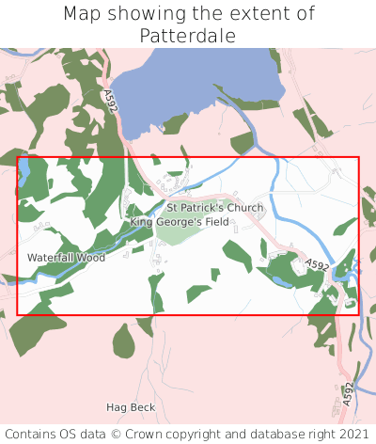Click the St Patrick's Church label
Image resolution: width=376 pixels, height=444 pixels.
(215, 207)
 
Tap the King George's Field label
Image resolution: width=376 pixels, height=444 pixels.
(180, 222)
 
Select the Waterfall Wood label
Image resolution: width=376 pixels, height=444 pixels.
(66, 257)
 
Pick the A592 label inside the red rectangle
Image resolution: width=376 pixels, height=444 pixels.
(317, 267)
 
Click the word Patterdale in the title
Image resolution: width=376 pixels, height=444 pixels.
(188, 36)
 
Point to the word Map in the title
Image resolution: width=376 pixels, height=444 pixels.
(84, 14)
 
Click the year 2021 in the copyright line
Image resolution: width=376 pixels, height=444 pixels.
(352, 434)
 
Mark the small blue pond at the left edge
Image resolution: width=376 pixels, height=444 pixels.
(24, 172)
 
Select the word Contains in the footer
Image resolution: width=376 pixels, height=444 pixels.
(34, 434)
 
